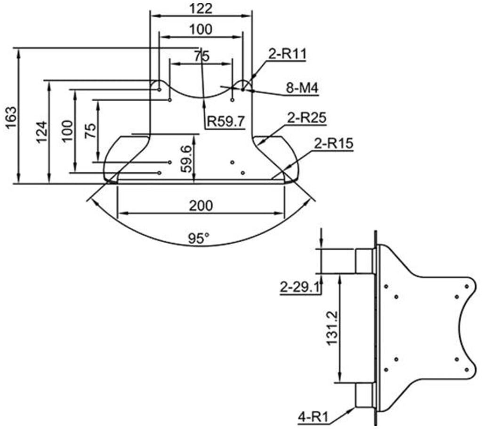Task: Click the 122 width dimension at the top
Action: [201, 8]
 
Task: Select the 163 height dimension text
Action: [11, 118]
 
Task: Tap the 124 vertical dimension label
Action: [42, 132]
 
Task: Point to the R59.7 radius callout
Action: [226, 121]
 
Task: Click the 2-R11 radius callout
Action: [288, 54]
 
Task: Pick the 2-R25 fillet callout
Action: [306, 118]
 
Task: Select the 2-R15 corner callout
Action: [334, 143]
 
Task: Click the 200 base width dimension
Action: [201, 205]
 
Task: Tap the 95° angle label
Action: [199, 238]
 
